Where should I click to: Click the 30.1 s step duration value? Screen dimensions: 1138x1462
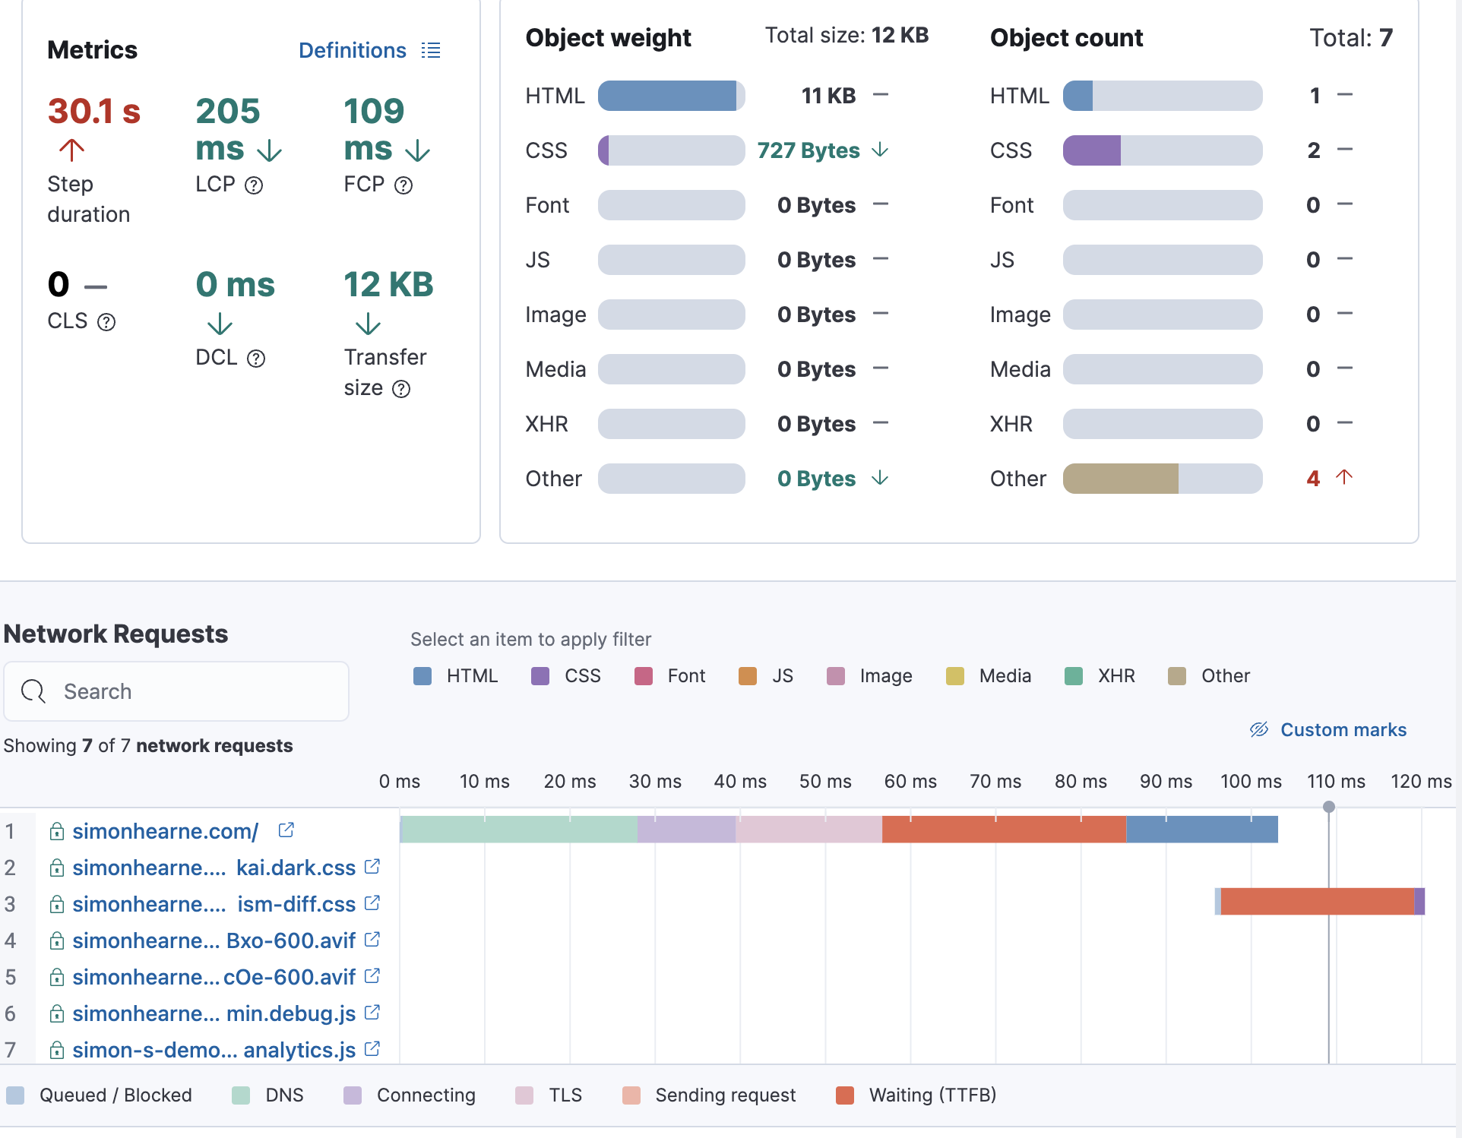[x=94, y=111]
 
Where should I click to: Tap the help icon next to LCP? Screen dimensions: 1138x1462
[x=254, y=185]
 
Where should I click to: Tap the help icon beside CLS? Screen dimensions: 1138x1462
[x=106, y=322]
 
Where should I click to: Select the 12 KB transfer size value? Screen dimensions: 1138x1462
[x=388, y=285]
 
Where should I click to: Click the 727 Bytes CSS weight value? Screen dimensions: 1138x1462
[x=809, y=150]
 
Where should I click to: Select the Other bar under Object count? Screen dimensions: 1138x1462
[x=1162, y=479]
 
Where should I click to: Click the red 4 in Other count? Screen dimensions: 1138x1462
[x=1313, y=479]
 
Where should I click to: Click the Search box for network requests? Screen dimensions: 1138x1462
[x=176, y=691]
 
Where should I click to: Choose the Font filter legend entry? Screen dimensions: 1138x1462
[x=670, y=676]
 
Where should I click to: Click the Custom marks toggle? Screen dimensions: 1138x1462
[x=1328, y=730]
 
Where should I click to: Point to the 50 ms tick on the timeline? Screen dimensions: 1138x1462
[x=825, y=781]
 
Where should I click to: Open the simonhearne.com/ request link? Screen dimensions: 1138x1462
[x=166, y=831]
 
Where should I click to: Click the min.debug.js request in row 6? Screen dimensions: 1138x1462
[x=214, y=1013]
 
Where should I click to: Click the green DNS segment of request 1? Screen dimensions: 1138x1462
[x=518, y=829]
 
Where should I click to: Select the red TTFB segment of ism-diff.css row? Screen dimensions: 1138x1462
[x=1318, y=902]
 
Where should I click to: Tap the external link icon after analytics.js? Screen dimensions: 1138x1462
[x=372, y=1049]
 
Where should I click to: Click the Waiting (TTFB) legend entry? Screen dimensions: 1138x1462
[x=916, y=1095]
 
